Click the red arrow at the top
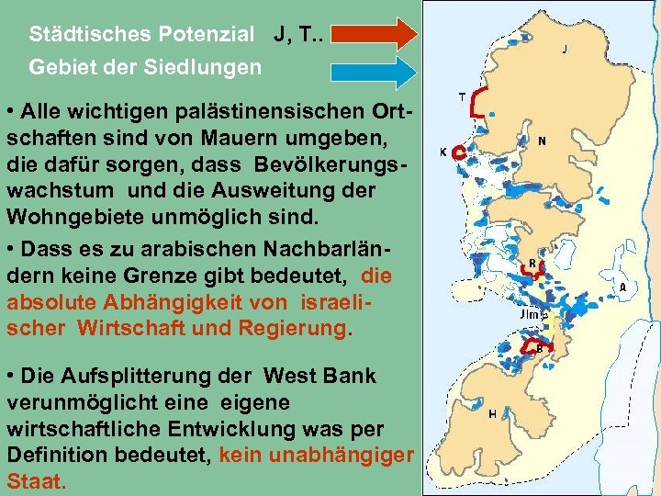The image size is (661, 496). click(x=373, y=34)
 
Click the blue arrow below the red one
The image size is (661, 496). click(x=373, y=70)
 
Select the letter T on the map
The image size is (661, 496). click(x=461, y=94)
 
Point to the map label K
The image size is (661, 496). click(x=443, y=152)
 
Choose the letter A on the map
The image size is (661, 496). click(x=623, y=287)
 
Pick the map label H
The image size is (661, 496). click(x=493, y=414)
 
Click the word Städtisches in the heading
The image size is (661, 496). click(x=83, y=36)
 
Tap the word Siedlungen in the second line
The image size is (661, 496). click(x=206, y=67)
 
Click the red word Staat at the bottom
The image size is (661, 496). click(x=35, y=480)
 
